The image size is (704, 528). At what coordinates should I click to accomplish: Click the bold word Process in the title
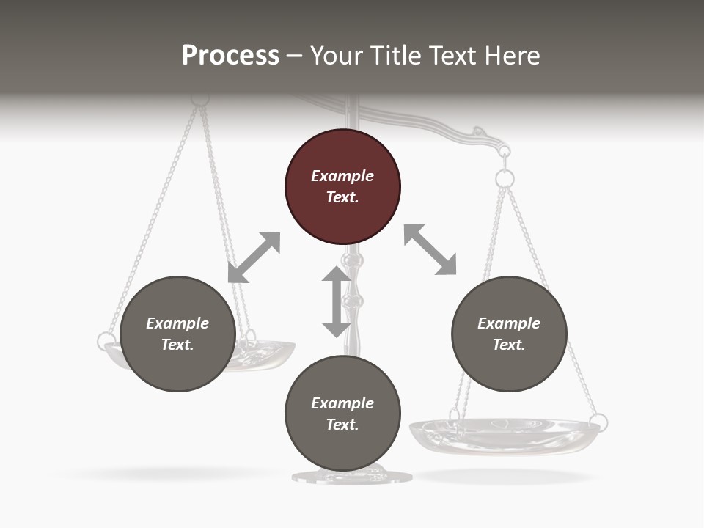[x=230, y=56]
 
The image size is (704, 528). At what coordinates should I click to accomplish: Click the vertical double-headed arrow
[x=337, y=301]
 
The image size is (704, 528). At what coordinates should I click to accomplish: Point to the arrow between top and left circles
[x=254, y=257]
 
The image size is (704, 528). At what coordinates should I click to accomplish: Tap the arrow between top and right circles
[x=430, y=249]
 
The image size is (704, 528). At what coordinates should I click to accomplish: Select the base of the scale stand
[x=352, y=477]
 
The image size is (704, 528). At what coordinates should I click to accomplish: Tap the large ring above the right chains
[x=505, y=178]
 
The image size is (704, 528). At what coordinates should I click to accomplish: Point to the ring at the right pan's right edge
[x=598, y=422]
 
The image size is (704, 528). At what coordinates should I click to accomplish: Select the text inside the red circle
[x=342, y=186]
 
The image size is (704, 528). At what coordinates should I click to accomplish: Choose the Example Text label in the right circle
[x=509, y=334]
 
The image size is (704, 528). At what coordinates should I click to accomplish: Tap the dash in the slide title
[x=295, y=56]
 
